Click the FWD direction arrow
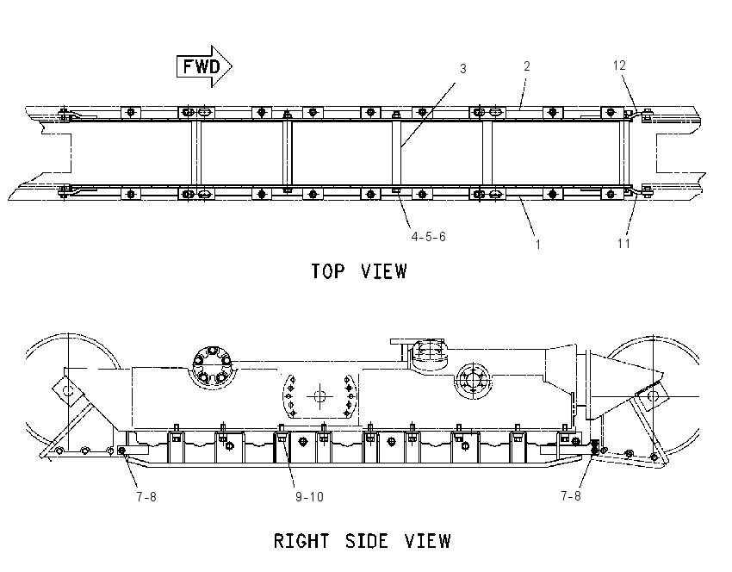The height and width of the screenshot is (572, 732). tap(204, 66)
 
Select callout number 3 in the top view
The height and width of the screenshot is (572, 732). tap(462, 69)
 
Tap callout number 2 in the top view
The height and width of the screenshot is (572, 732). tap(526, 66)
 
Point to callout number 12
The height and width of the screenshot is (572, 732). tap(619, 65)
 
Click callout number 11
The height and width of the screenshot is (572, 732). tap(623, 243)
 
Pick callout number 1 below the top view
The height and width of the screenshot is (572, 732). tap(537, 244)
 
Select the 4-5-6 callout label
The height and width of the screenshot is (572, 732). tap(428, 237)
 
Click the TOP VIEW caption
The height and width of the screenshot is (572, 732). tap(359, 271)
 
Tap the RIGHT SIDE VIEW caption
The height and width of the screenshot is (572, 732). tap(362, 541)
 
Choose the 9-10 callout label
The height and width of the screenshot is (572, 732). tap(309, 497)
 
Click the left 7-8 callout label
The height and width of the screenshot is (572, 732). tap(146, 497)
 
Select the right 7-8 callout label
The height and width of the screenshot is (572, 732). tap(570, 496)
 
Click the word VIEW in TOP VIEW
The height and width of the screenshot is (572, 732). tap(384, 271)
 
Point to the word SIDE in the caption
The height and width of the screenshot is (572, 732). tap(367, 541)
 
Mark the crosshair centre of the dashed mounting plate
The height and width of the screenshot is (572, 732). tap(319, 397)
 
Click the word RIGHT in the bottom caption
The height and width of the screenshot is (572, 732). tap(301, 541)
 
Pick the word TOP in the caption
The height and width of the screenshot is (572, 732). tap(328, 271)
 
